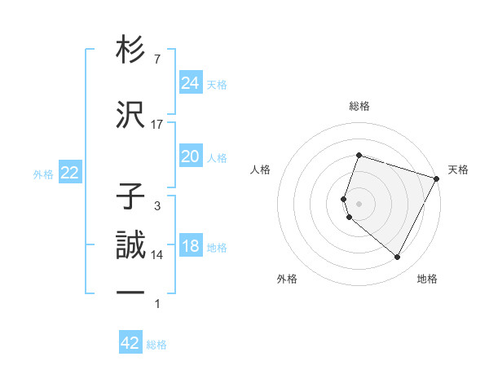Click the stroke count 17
[157, 125]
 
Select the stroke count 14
[157, 255]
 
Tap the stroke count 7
[157, 59]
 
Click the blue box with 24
[190, 82]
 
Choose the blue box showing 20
[190, 156]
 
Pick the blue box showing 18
[190, 246]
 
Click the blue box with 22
[69, 173]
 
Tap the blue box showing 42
[130, 343]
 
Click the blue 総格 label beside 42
[156, 345]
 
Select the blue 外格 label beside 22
[43, 174]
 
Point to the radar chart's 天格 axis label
[458, 169]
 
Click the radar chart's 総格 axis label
[359, 106]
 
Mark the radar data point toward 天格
[437, 178]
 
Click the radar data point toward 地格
[398, 258]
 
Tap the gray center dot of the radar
[359, 203]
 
